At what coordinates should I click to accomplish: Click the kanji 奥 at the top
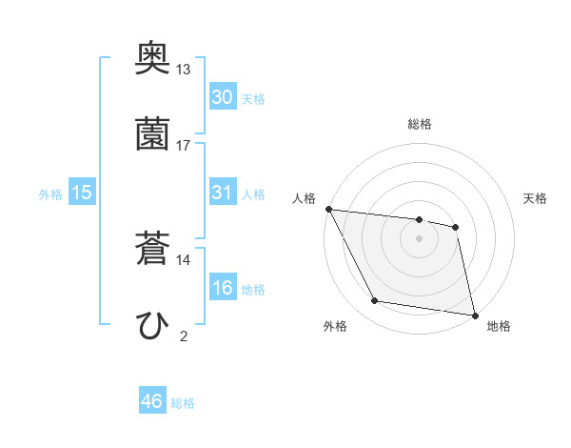153,60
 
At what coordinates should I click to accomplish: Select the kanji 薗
153,134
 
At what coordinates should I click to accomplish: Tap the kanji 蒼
153,251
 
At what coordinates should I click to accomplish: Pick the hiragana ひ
153,325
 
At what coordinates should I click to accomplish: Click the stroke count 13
184,70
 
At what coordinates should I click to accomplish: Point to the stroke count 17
184,145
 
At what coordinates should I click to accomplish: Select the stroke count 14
184,259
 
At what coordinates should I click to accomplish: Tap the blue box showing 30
223,96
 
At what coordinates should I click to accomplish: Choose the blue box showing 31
223,192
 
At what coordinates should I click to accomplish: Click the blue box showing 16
223,287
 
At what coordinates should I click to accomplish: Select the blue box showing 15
82,193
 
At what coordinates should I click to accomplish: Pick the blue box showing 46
152,401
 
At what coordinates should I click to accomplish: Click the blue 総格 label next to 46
184,403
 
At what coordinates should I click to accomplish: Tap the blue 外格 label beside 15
50,193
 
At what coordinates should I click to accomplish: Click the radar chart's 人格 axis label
305,198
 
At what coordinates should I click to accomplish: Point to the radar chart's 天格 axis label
536,198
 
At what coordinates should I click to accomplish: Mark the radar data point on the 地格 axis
474,315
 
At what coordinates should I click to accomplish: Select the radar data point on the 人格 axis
328,209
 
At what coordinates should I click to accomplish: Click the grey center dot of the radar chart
420,238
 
